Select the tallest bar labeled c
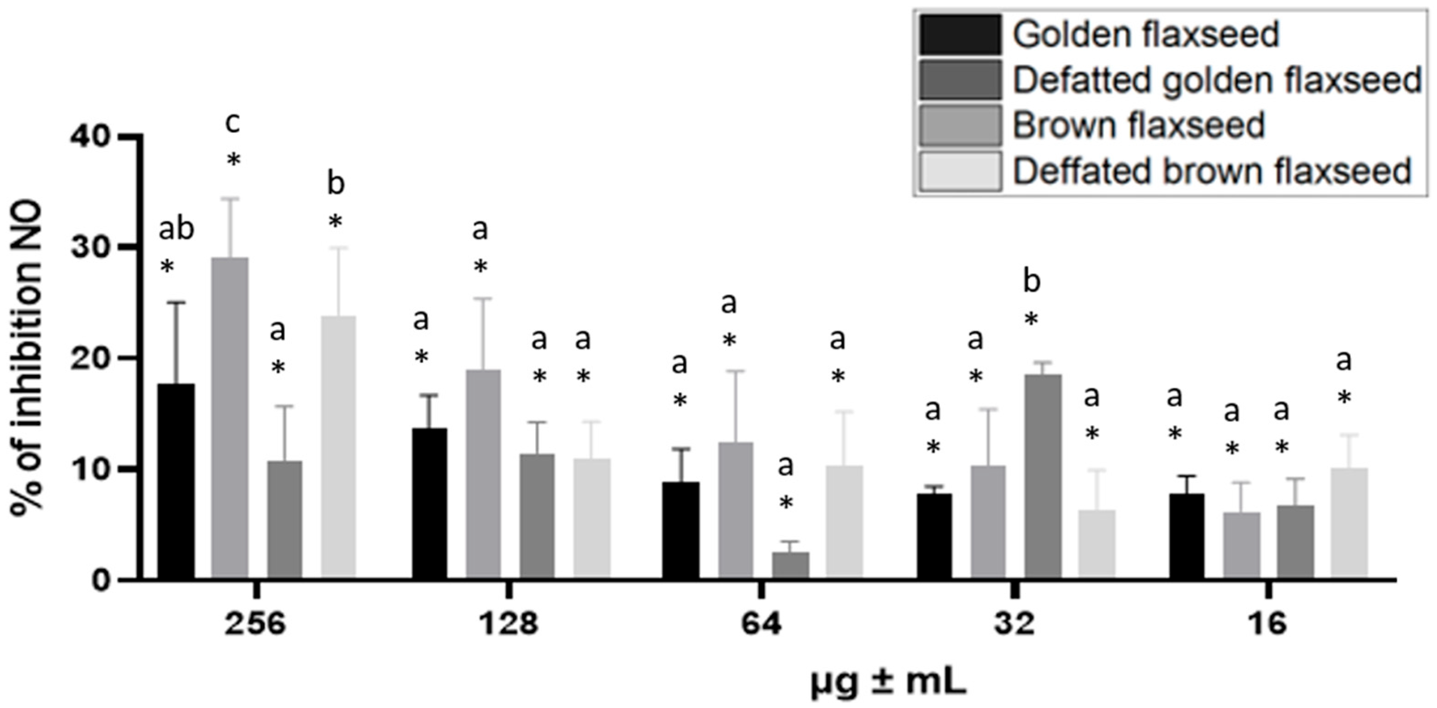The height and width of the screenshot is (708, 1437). pyautogui.click(x=230, y=417)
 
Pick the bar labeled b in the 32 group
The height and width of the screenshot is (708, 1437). pyautogui.click(x=1043, y=476)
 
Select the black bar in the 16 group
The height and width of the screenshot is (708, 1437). pyautogui.click(x=1187, y=536)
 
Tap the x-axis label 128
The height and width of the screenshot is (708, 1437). pyautogui.click(x=509, y=624)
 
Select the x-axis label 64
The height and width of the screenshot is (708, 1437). pyautogui.click(x=762, y=624)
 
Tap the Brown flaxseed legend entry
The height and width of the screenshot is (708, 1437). pyautogui.click(x=1138, y=126)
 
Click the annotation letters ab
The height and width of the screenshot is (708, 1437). pyautogui.click(x=176, y=229)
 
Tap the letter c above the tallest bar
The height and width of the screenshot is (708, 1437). pyautogui.click(x=232, y=124)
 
